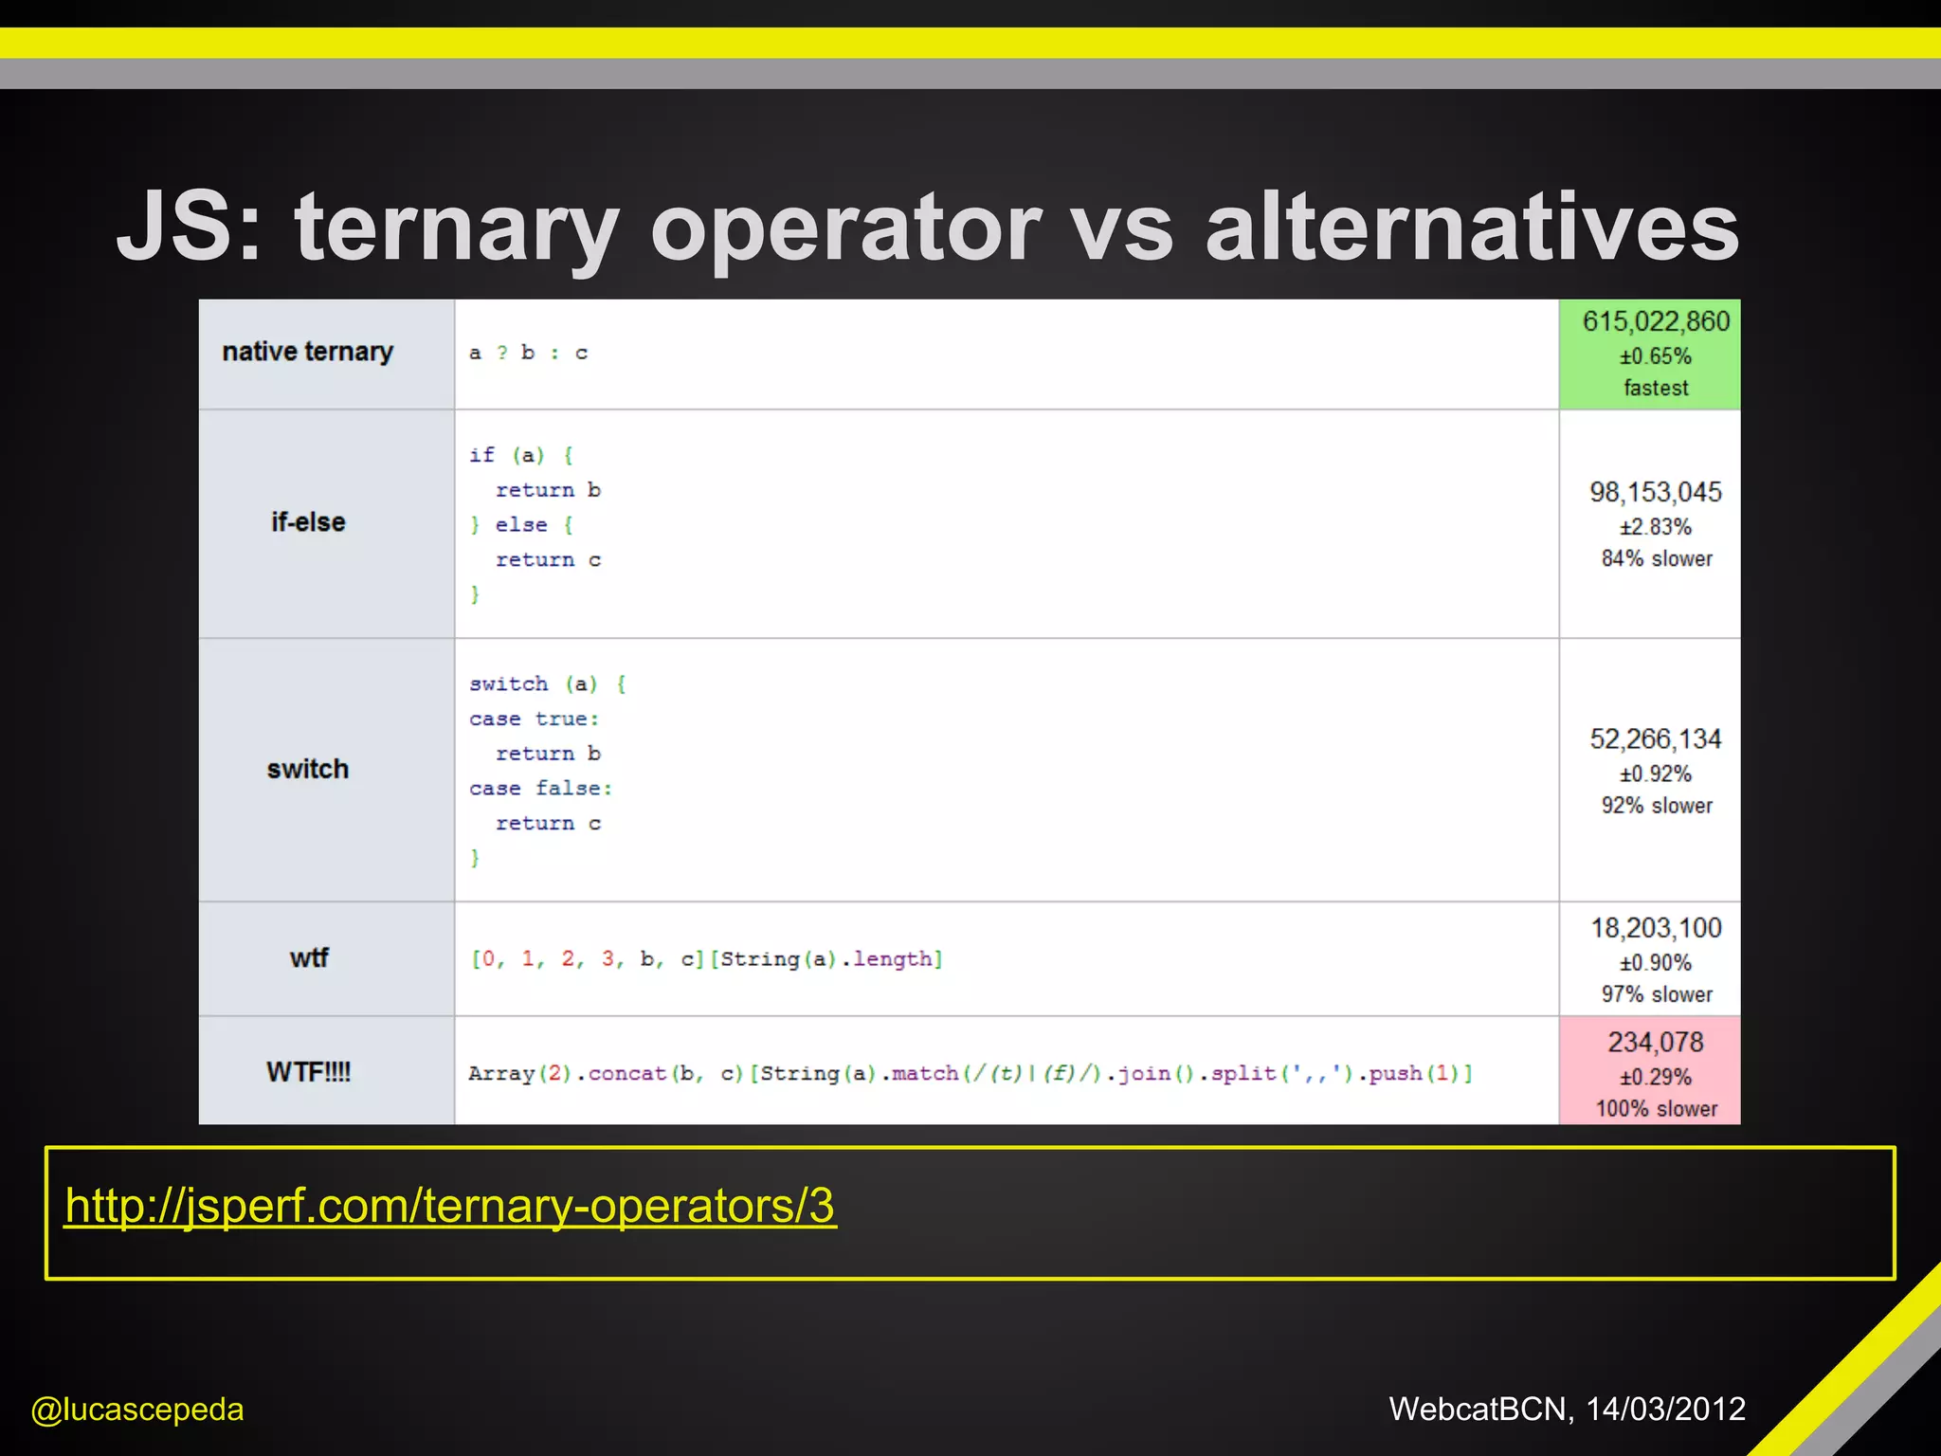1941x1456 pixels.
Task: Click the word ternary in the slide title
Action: [x=457, y=227]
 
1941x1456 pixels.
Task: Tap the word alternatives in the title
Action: [x=1472, y=227]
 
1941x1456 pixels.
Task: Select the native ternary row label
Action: [x=307, y=352]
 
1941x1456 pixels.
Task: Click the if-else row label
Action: [x=308, y=522]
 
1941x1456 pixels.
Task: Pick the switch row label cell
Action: [x=308, y=769]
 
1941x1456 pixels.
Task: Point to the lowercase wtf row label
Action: [x=309, y=957]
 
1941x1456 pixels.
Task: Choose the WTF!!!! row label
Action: [x=309, y=1072]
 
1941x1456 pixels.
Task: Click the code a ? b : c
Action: [x=528, y=353]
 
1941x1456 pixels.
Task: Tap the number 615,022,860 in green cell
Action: [x=1656, y=322]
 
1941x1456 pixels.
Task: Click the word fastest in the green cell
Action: [x=1656, y=388]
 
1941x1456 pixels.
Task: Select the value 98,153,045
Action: [x=1656, y=492]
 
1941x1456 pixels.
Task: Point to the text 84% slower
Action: [x=1657, y=558]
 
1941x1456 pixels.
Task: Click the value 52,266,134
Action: [x=1656, y=738]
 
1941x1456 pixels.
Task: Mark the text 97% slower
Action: [x=1657, y=994]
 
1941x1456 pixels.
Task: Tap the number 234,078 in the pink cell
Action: [x=1656, y=1043]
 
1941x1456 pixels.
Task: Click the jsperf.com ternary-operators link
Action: [x=450, y=1206]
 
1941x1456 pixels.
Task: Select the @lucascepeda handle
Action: [x=137, y=1410]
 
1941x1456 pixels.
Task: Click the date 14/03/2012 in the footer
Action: [x=1665, y=1410]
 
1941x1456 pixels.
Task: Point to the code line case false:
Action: [x=541, y=789]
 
